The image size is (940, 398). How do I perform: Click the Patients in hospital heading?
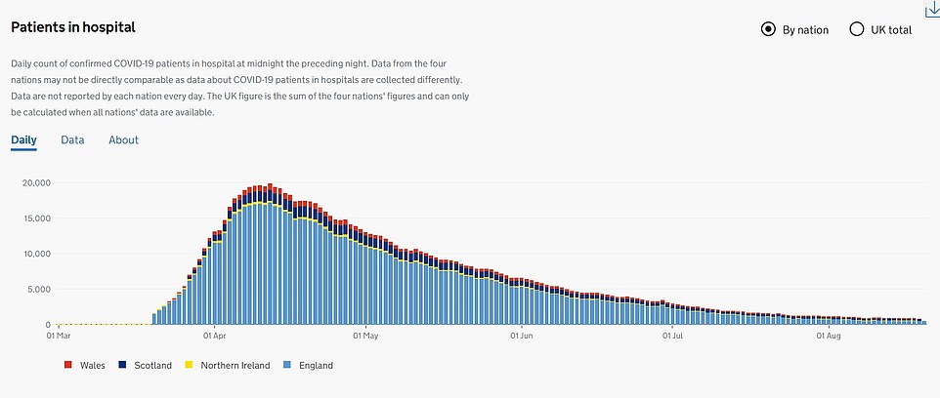pyautogui.click(x=73, y=27)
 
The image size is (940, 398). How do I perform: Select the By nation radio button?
pyautogui.click(x=768, y=29)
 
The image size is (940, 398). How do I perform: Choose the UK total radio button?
pyautogui.click(x=857, y=29)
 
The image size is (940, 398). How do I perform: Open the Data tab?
pyautogui.click(x=72, y=140)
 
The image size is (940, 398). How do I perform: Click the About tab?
pyautogui.click(x=123, y=140)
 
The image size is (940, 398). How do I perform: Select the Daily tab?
pyautogui.click(x=23, y=140)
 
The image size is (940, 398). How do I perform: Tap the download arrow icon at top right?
pyautogui.click(x=930, y=8)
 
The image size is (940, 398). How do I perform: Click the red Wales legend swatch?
pyautogui.click(x=67, y=366)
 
